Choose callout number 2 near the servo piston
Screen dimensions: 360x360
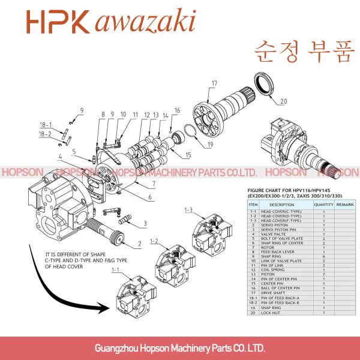139,244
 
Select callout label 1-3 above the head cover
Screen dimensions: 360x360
188,209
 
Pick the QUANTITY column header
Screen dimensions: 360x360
323,205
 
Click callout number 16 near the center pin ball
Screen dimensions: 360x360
177,110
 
